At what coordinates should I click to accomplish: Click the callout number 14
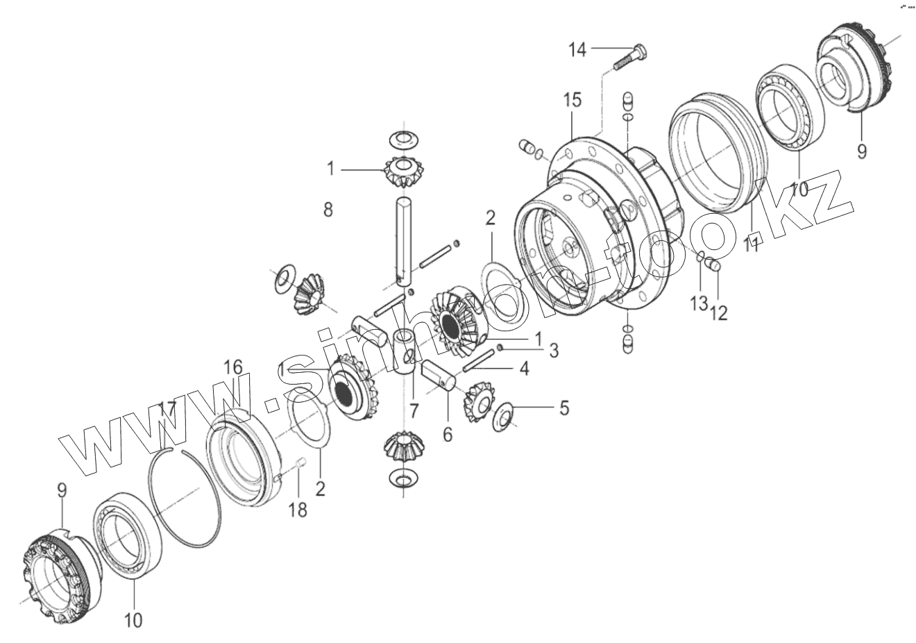[577, 50]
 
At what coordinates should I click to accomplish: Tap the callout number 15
[572, 100]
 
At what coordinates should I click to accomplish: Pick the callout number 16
[233, 367]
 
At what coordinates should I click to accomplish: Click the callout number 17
[168, 410]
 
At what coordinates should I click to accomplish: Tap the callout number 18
[298, 510]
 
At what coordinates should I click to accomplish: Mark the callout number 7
[414, 411]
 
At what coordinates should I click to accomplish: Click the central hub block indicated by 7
[405, 353]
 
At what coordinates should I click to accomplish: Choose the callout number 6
[448, 435]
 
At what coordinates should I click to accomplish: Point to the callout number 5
[564, 408]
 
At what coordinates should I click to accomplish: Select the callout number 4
[525, 369]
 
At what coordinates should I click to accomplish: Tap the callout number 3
[554, 351]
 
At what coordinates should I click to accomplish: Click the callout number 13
[699, 303]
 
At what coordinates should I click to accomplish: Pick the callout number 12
[718, 313]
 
